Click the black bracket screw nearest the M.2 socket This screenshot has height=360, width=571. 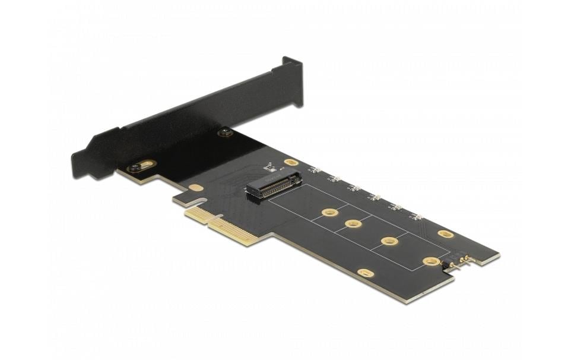click(x=225, y=132)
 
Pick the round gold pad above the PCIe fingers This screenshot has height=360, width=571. click(x=195, y=188)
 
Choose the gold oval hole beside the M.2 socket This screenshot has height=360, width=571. click(x=291, y=162)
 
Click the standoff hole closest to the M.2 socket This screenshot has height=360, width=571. click(x=329, y=212)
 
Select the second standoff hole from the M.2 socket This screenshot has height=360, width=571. click(x=354, y=224)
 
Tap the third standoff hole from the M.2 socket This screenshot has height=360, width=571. click(x=389, y=241)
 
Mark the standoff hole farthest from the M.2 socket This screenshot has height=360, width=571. click(x=431, y=261)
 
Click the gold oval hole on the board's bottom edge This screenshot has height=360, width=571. click(x=366, y=273)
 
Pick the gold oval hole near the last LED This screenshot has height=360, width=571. click(x=446, y=234)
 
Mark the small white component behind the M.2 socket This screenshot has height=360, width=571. click(x=270, y=166)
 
